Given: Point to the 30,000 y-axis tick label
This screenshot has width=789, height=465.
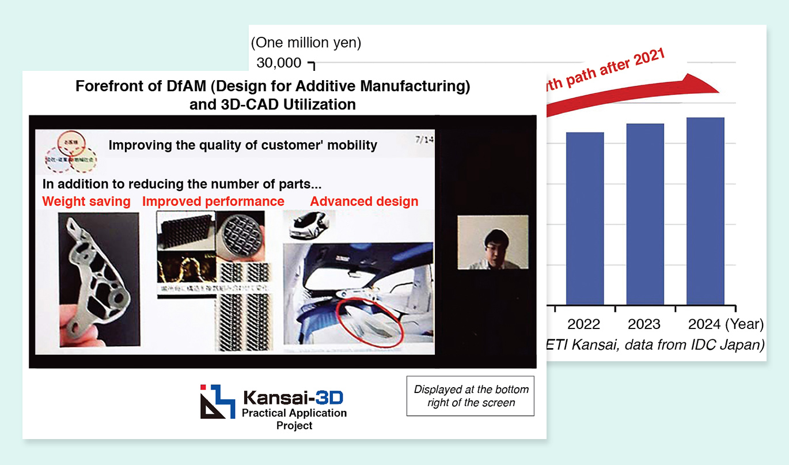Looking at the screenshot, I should (279, 62).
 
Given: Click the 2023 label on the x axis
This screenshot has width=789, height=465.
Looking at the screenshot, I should (644, 324).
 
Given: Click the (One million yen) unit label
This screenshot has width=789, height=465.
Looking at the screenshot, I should (306, 42).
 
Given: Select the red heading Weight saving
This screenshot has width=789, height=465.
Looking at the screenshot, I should (86, 202).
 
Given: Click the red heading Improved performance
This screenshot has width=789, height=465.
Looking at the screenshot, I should (213, 202).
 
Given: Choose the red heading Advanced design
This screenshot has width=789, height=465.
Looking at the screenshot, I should (364, 202).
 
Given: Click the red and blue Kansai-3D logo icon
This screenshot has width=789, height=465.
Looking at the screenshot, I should (217, 401).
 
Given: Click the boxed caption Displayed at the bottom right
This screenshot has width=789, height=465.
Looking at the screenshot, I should (471, 396).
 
